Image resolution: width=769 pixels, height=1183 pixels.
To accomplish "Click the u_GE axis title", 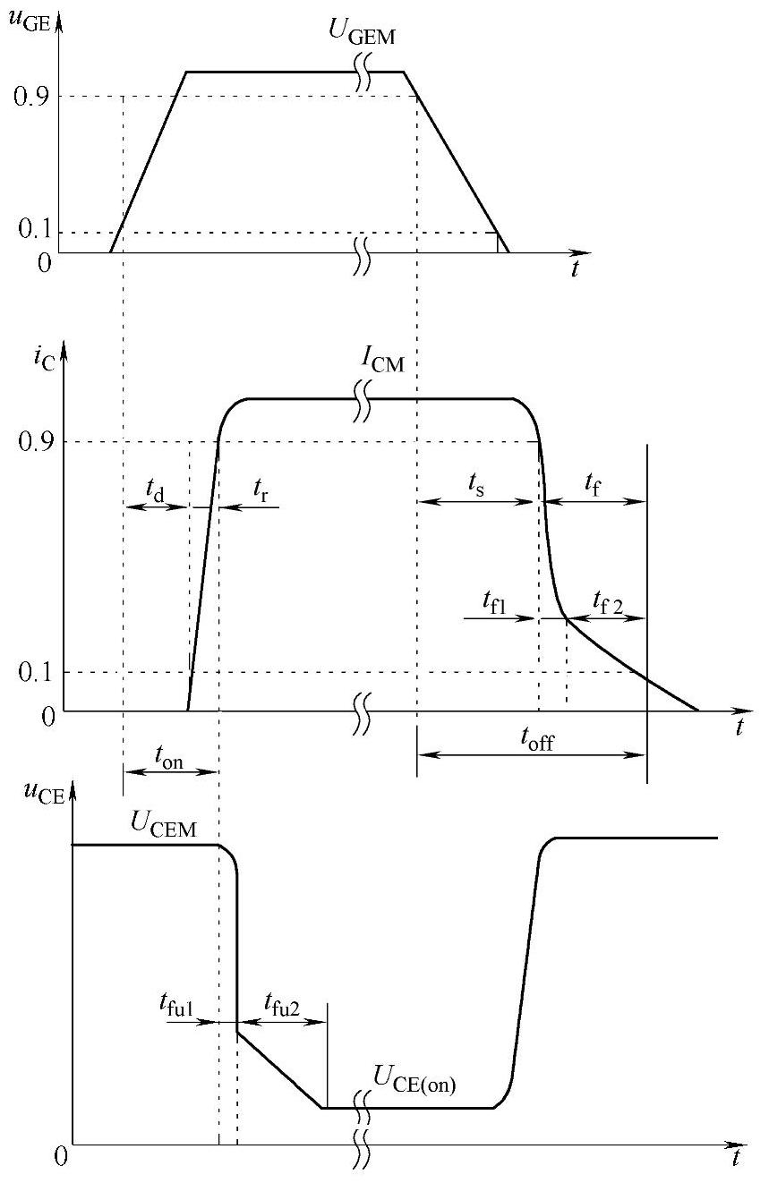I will click(x=29, y=16).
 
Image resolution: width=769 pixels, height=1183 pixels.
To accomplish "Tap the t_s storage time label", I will click(x=476, y=484).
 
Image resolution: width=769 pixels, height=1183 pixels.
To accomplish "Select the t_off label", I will click(x=536, y=739).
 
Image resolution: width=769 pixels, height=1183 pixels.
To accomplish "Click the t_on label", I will click(x=170, y=756).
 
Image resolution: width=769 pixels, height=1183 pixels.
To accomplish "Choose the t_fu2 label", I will click(x=282, y=1006).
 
